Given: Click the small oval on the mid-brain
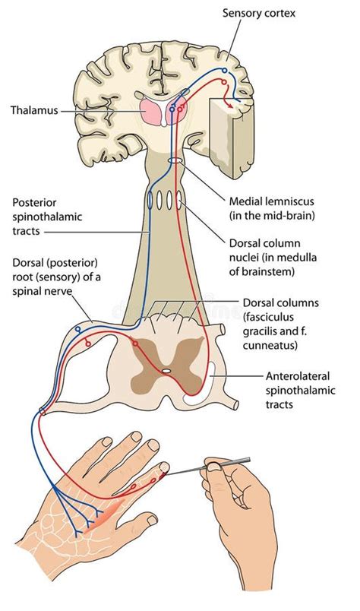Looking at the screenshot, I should point(175,162).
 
